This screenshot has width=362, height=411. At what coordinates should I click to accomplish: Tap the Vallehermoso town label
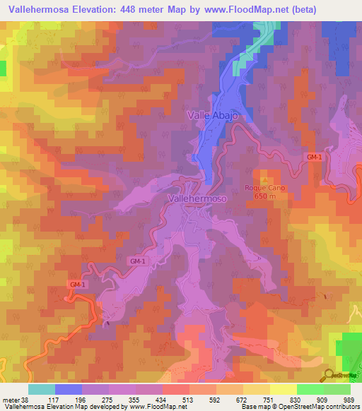(198, 200)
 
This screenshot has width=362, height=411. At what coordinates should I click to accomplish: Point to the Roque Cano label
(264, 187)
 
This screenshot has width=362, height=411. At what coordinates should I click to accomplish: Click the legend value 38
(24, 399)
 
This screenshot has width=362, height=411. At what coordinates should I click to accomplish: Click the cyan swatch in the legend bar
(42, 389)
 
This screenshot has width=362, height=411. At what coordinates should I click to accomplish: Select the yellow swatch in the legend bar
(283, 389)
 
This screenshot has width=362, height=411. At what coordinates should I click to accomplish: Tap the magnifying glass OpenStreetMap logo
(328, 375)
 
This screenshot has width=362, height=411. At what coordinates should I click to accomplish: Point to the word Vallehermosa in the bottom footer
(21, 407)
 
